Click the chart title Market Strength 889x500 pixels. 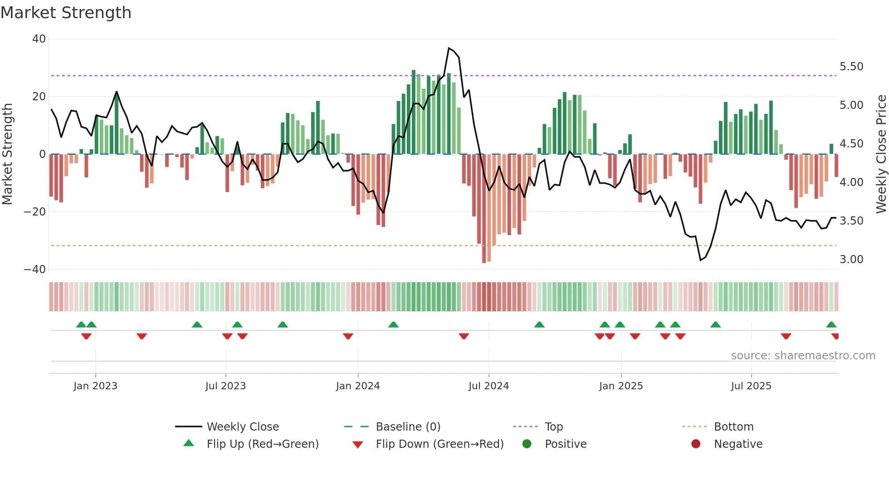click(x=66, y=13)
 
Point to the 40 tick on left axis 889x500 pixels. click(x=39, y=39)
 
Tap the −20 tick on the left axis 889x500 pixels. click(x=35, y=212)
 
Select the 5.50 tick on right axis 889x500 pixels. click(x=851, y=67)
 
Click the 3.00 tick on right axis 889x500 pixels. click(x=851, y=260)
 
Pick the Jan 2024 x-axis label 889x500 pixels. click(x=358, y=386)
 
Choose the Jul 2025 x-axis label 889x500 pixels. click(x=751, y=386)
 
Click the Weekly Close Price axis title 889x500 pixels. click(x=881, y=154)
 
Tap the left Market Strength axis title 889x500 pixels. click(x=8, y=154)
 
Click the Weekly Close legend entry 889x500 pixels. click(x=242, y=427)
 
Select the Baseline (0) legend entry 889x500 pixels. click(x=408, y=427)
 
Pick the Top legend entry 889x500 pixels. click(x=553, y=427)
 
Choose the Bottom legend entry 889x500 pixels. click(x=733, y=427)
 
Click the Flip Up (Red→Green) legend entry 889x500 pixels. click(x=262, y=444)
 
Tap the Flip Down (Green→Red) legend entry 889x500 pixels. click(x=439, y=444)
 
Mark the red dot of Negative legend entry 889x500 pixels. click(x=696, y=444)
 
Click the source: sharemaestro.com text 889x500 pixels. click(x=803, y=356)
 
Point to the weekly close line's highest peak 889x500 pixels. click(x=449, y=48)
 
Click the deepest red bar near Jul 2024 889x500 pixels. click(x=484, y=209)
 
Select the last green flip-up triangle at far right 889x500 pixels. click(x=831, y=325)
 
